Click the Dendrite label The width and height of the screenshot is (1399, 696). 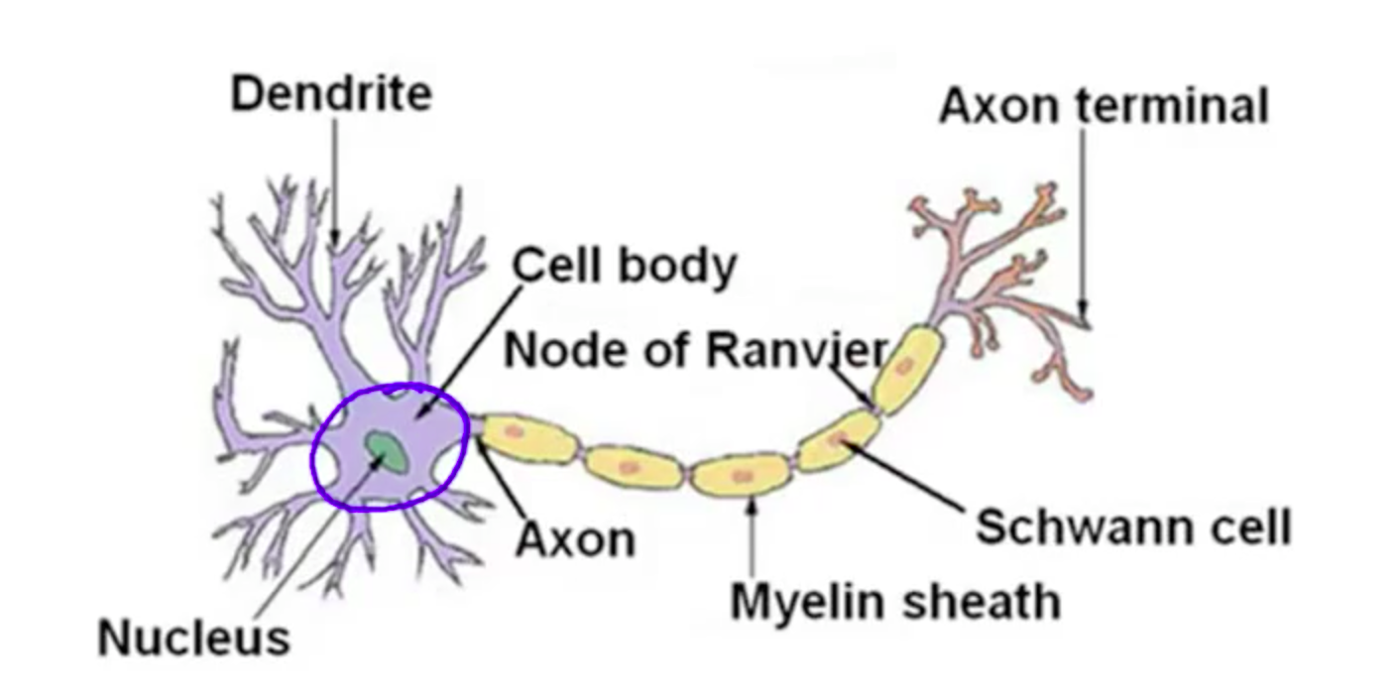pyautogui.click(x=331, y=94)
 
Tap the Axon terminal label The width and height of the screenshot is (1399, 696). pyautogui.click(x=1103, y=105)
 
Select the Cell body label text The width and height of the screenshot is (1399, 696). pyautogui.click(x=624, y=266)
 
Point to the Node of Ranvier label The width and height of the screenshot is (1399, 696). pyautogui.click(x=695, y=349)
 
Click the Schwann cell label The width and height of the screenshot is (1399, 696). pyautogui.click(x=1132, y=526)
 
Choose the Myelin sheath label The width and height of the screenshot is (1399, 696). pyautogui.click(x=894, y=601)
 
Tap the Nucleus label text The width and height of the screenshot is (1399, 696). pyautogui.click(x=193, y=637)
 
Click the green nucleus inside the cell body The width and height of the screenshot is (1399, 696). pyautogui.click(x=387, y=451)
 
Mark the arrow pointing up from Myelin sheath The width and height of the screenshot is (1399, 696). pyautogui.click(x=752, y=535)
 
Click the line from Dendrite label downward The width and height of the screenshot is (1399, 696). pyautogui.click(x=334, y=178)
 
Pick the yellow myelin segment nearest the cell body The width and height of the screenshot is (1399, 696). pyautogui.click(x=526, y=437)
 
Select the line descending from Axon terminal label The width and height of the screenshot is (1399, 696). pyautogui.click(x=1082, y=218)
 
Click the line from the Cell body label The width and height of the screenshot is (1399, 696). pyautogui.click(x=466, y=347)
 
